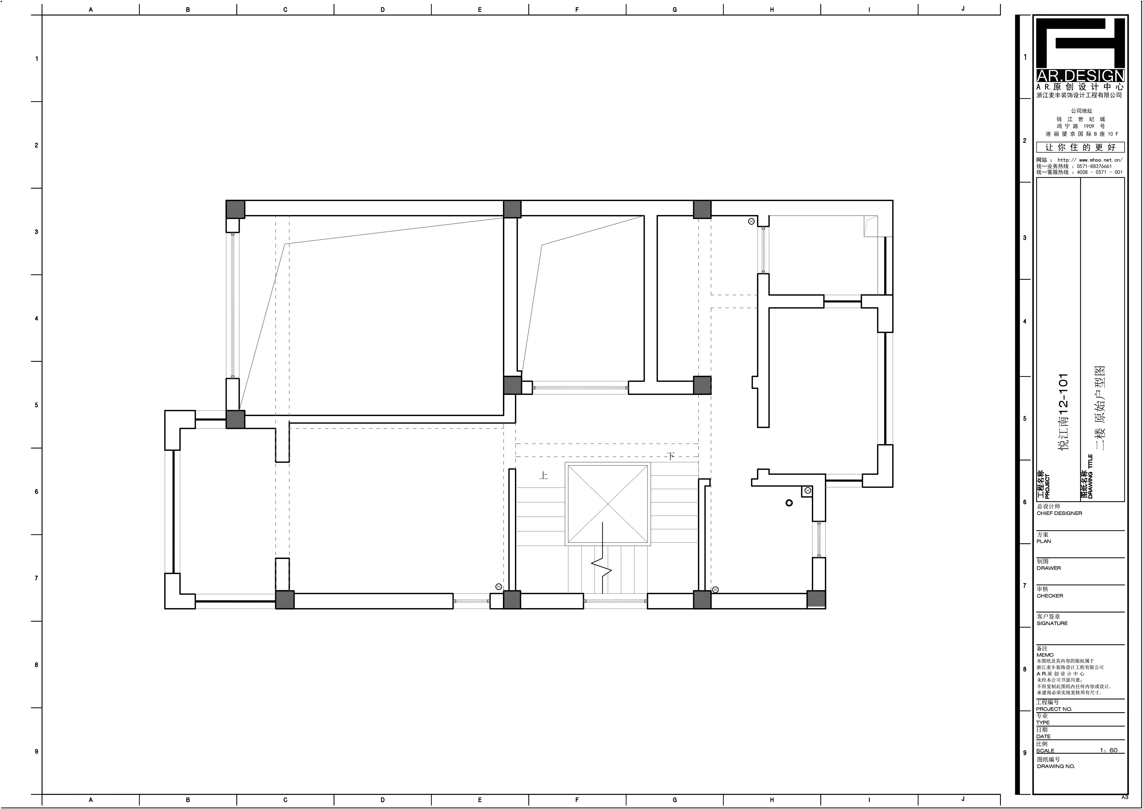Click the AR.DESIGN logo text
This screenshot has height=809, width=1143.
tap(1080, 76)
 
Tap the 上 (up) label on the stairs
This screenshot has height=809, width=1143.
tap(543, 476)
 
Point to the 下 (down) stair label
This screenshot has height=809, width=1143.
tap(671, 456)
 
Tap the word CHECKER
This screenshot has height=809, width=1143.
tap(1050, 596)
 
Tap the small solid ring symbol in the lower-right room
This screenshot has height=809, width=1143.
tap(789, 503)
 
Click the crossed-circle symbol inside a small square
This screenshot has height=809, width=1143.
tap(808, 491)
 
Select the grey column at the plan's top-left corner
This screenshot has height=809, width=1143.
tap(236, 209)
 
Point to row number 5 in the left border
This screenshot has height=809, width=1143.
tap(36, 405)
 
